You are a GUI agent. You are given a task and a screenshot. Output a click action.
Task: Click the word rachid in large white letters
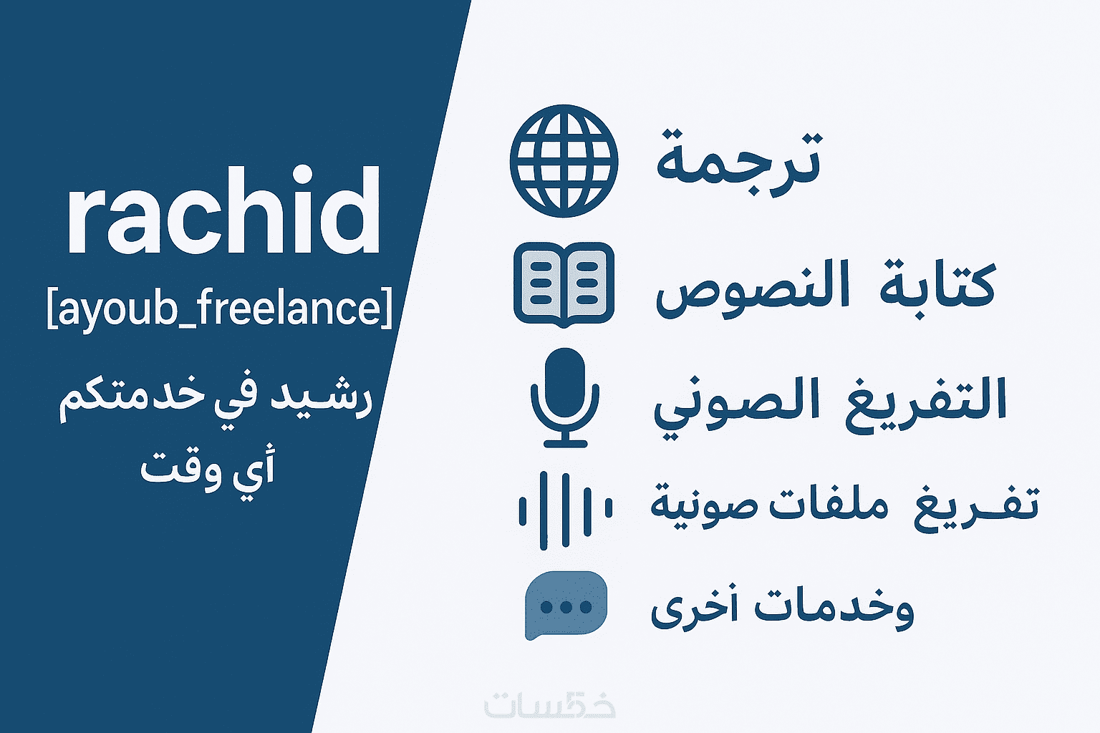coord(224,210)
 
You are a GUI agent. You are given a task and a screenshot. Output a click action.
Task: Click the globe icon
coord(564,161)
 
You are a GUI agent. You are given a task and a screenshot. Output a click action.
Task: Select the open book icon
coord(564,285)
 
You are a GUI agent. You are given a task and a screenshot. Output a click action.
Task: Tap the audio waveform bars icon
coord(565,510)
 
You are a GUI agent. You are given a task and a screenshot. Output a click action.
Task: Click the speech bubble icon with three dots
coord(566,606)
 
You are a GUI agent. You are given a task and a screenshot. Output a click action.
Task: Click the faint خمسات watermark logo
coord(550,706)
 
